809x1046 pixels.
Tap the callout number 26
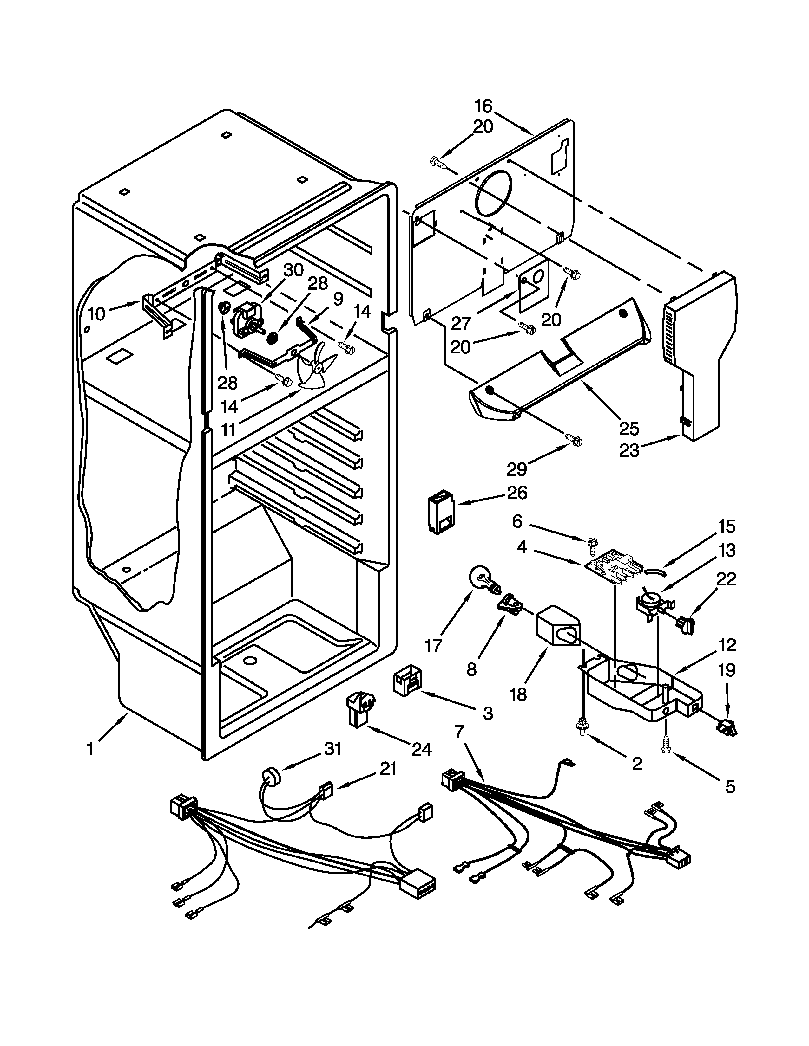point(516,493)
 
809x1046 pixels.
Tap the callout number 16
point(483,105)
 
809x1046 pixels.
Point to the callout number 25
point(629,429)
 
